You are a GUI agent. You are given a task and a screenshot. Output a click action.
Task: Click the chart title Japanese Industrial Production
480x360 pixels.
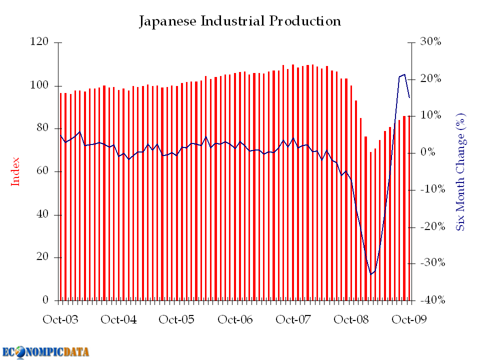(x=240, y=21)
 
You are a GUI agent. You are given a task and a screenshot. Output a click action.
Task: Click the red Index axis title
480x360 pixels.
(x=15, y=171)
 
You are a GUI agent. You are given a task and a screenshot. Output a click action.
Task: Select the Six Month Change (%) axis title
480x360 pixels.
(x=461, y=171)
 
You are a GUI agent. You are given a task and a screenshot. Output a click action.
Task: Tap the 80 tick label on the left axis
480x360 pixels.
(x=41, y=128)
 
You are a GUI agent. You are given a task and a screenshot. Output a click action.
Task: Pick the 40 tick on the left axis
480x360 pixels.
(x=41, y=214)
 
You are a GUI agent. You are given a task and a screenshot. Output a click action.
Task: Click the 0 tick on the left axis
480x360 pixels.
(x=45, y=300)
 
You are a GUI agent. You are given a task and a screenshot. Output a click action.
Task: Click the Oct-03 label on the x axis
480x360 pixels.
(x=60, y=320)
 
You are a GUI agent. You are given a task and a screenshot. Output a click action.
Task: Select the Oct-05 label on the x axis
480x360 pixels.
(x=177, y=320)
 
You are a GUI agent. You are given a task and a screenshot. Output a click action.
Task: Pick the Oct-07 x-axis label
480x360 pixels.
(x=293, y=320)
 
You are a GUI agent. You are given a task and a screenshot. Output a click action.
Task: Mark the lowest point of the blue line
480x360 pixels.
(x=371, y=274)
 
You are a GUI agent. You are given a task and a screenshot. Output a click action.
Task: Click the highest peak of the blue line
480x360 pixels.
(x=404, y=74)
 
